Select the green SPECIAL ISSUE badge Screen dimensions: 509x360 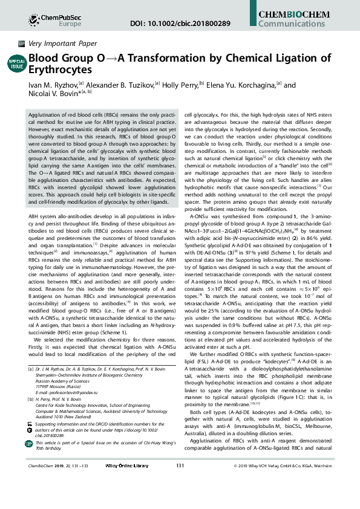pyautogui.click(x=16, y=63)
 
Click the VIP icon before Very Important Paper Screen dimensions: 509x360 pyautogui.click(x=21, y=44)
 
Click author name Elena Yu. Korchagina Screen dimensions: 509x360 pyautogui.click(x=241, y=85)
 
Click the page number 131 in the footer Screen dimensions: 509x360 pyautogui.click(x=180, y=499)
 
